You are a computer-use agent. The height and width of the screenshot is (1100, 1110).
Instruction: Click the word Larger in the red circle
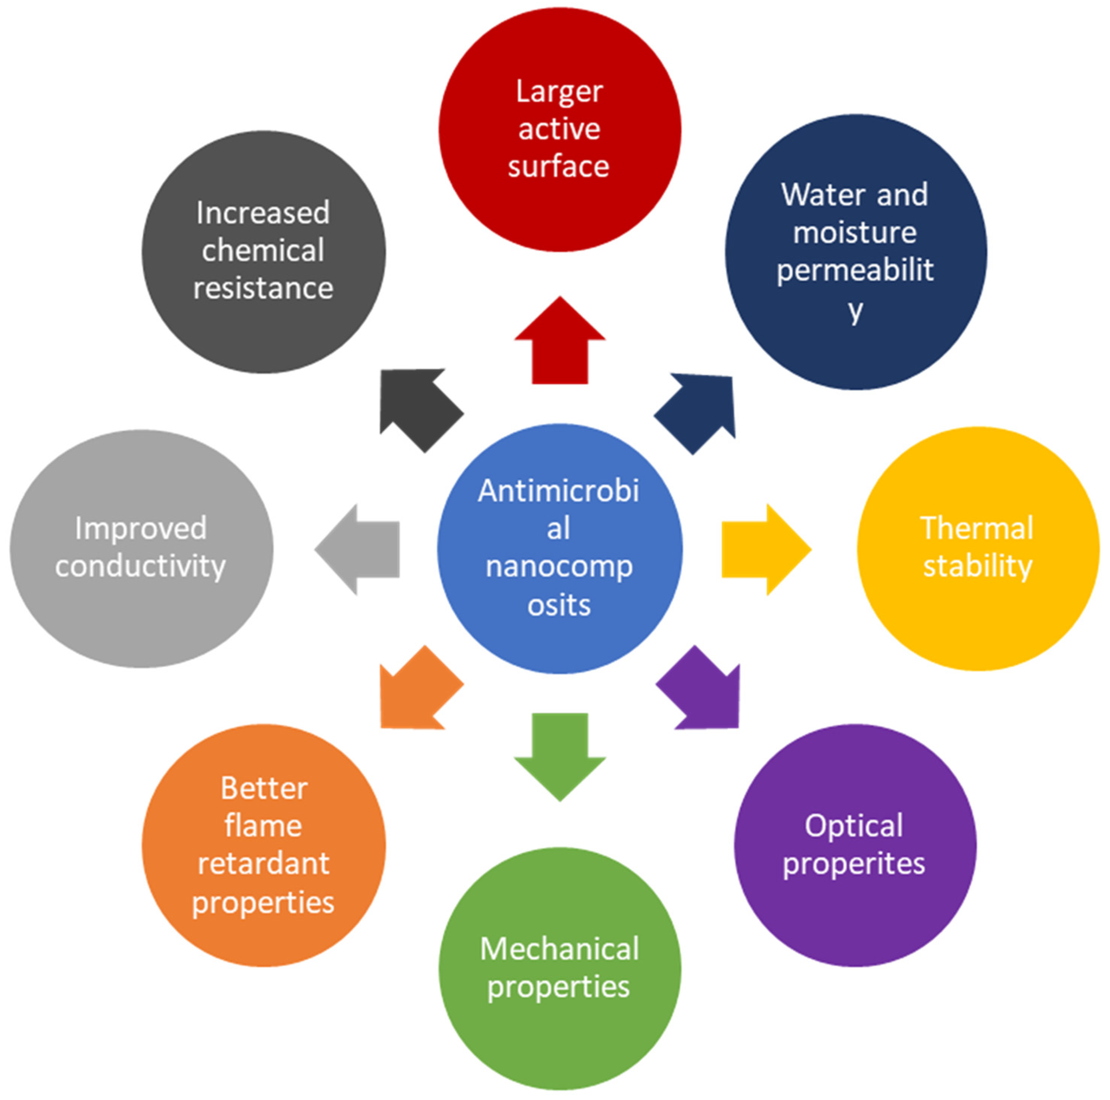click(x=559, y=92)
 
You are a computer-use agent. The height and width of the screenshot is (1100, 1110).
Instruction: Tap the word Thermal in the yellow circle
click(x=977, y=528)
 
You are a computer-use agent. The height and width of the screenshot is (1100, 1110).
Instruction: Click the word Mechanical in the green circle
click(x=559, y=949)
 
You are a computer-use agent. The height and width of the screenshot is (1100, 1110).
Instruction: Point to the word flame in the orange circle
click(x=263, y=826)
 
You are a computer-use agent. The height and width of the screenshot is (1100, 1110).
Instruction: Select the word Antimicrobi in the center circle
click(x=558, y=492)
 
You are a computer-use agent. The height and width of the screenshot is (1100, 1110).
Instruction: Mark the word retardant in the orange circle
click(x=263, y=863)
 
